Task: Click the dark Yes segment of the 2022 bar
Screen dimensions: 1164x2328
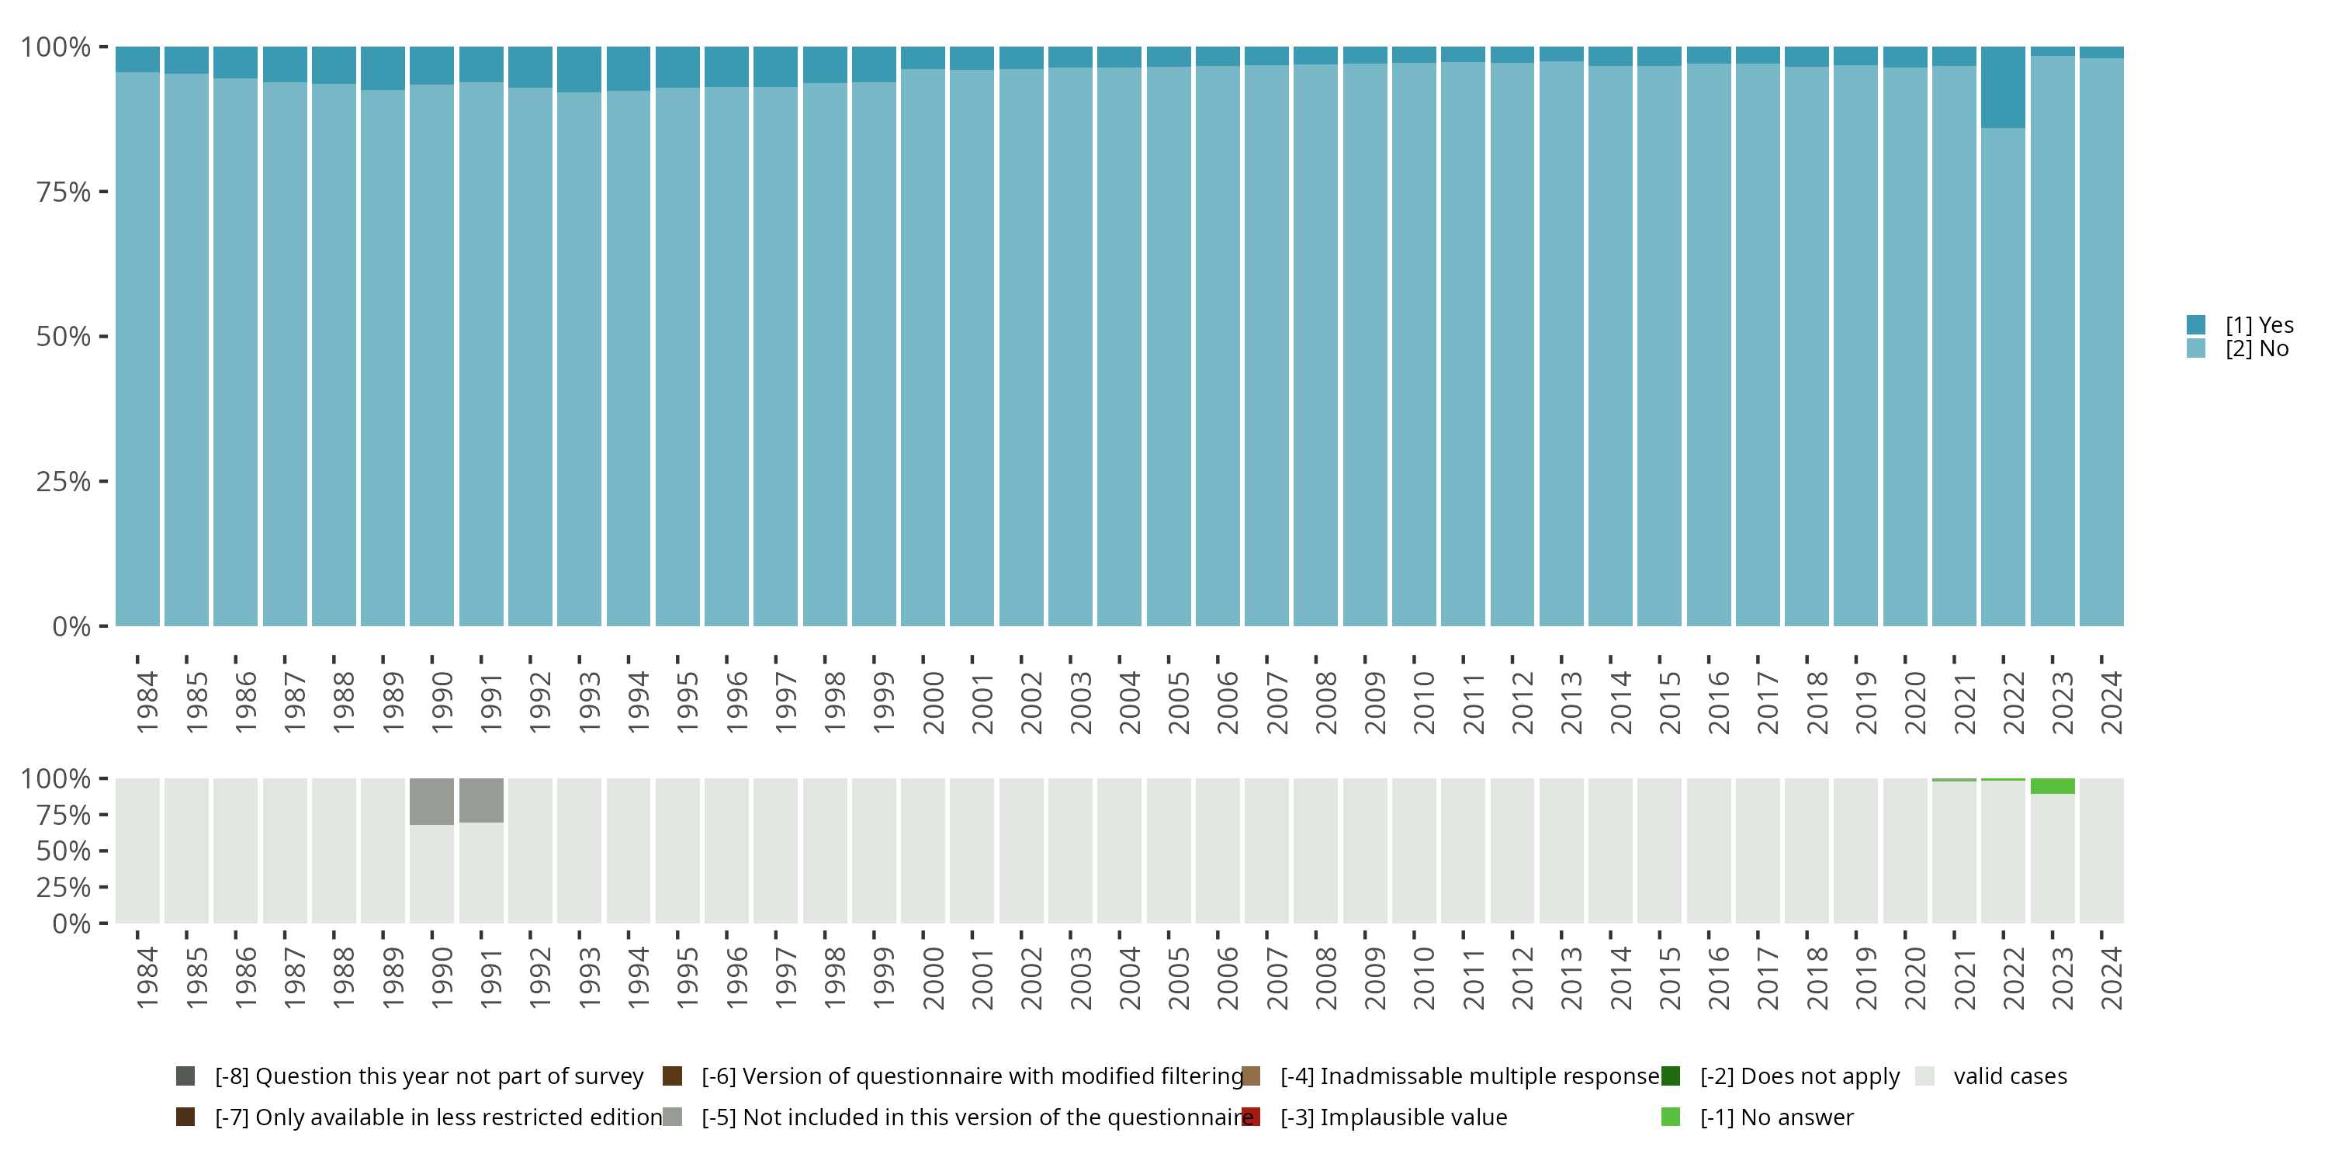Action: [x=2003, y=87]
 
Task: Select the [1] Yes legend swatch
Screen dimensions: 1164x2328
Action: [x=2196, y=324]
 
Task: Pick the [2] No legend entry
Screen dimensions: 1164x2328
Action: [x=2257, y=349]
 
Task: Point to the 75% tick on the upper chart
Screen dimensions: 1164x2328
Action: [x=103, y=192]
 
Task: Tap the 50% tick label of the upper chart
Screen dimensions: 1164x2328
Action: [x=64, y=336]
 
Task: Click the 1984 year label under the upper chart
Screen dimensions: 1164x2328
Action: [x=147, y=702]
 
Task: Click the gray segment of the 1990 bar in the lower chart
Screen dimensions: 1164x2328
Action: [x=431, y=801]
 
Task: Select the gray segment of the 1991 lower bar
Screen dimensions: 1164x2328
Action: [x=481, y=800]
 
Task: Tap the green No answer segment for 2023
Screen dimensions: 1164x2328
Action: [x=2053, y=785]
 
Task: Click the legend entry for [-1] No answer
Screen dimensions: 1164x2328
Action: [x=1775, y=1117]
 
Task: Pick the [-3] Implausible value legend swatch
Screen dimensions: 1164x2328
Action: [x=1252, y=1117]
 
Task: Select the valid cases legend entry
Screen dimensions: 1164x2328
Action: [x=2009, y=1076]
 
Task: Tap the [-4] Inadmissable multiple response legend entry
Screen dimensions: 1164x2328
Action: [x=1468, y=1076]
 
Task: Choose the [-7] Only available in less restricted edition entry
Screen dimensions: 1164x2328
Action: [x=438, y=1117]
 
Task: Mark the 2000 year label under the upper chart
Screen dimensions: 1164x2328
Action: [x=933, y=702]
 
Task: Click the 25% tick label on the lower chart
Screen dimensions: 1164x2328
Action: [x=64, y=886]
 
